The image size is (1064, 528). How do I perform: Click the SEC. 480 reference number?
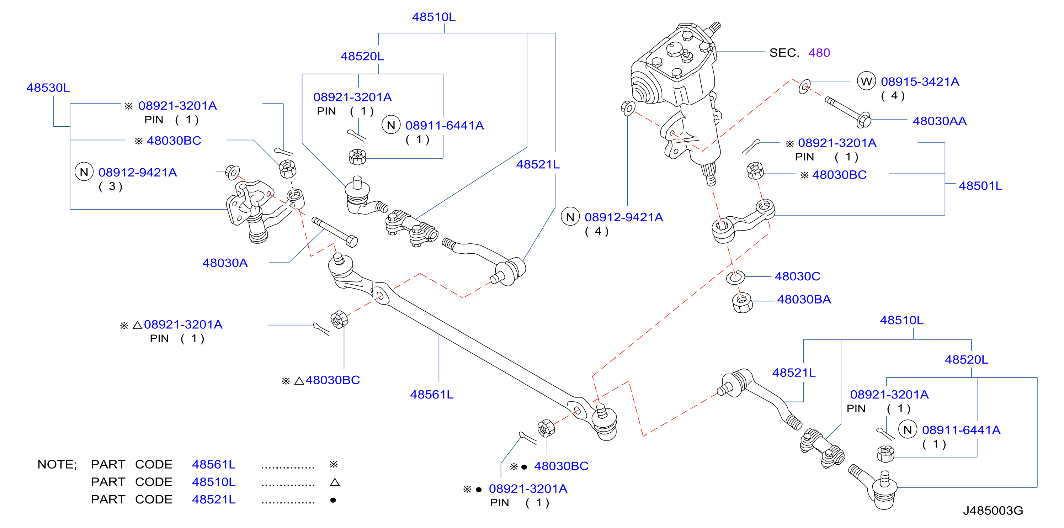(x=819, y=53)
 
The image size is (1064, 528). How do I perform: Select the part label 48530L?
(x=48, y=88)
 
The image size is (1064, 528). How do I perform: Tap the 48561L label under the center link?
(x=432, y=395)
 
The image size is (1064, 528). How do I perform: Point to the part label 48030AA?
(x=940, y=121)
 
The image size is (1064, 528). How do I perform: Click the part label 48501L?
(x=980, y=186)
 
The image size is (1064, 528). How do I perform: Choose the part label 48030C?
(x=798, y=276)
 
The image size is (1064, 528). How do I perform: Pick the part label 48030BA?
(x=804, y=300)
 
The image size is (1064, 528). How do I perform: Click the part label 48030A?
(x=225, y=263)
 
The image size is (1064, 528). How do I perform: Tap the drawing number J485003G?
(x=993, y=511)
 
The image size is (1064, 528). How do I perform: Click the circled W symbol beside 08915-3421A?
(x=867, y=81)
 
